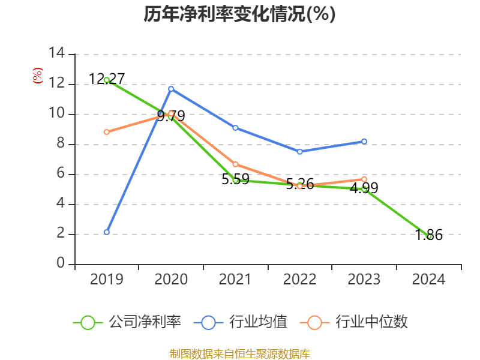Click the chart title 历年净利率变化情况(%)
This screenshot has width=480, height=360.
pos(239,14)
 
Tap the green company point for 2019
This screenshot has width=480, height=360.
pos(107,80)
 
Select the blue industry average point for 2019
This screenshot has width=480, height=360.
pos(107,232)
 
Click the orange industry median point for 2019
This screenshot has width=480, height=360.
pos(107,132)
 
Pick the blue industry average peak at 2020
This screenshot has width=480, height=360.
pos(171,89)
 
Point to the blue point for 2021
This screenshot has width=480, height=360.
pos(235,128)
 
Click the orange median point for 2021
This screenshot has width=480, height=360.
pos(235,164)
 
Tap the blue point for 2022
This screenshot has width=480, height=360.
pos(300,152)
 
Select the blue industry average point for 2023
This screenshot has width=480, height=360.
pos(364,141)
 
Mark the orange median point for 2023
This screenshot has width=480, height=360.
pos(364,179)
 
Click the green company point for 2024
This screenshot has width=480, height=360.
pos(429,236)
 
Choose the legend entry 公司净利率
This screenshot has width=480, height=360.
pos(127,322)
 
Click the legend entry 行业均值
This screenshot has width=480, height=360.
pos(241,322)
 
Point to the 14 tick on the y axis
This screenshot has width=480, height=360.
pos(58,54)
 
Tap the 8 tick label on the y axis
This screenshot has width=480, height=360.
pos(61,144)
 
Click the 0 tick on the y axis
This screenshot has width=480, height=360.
pos(61,264)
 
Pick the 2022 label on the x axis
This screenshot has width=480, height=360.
pos(300,280)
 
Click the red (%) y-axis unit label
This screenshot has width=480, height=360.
pos(38,76)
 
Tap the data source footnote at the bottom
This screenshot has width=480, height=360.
pos(239,353)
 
